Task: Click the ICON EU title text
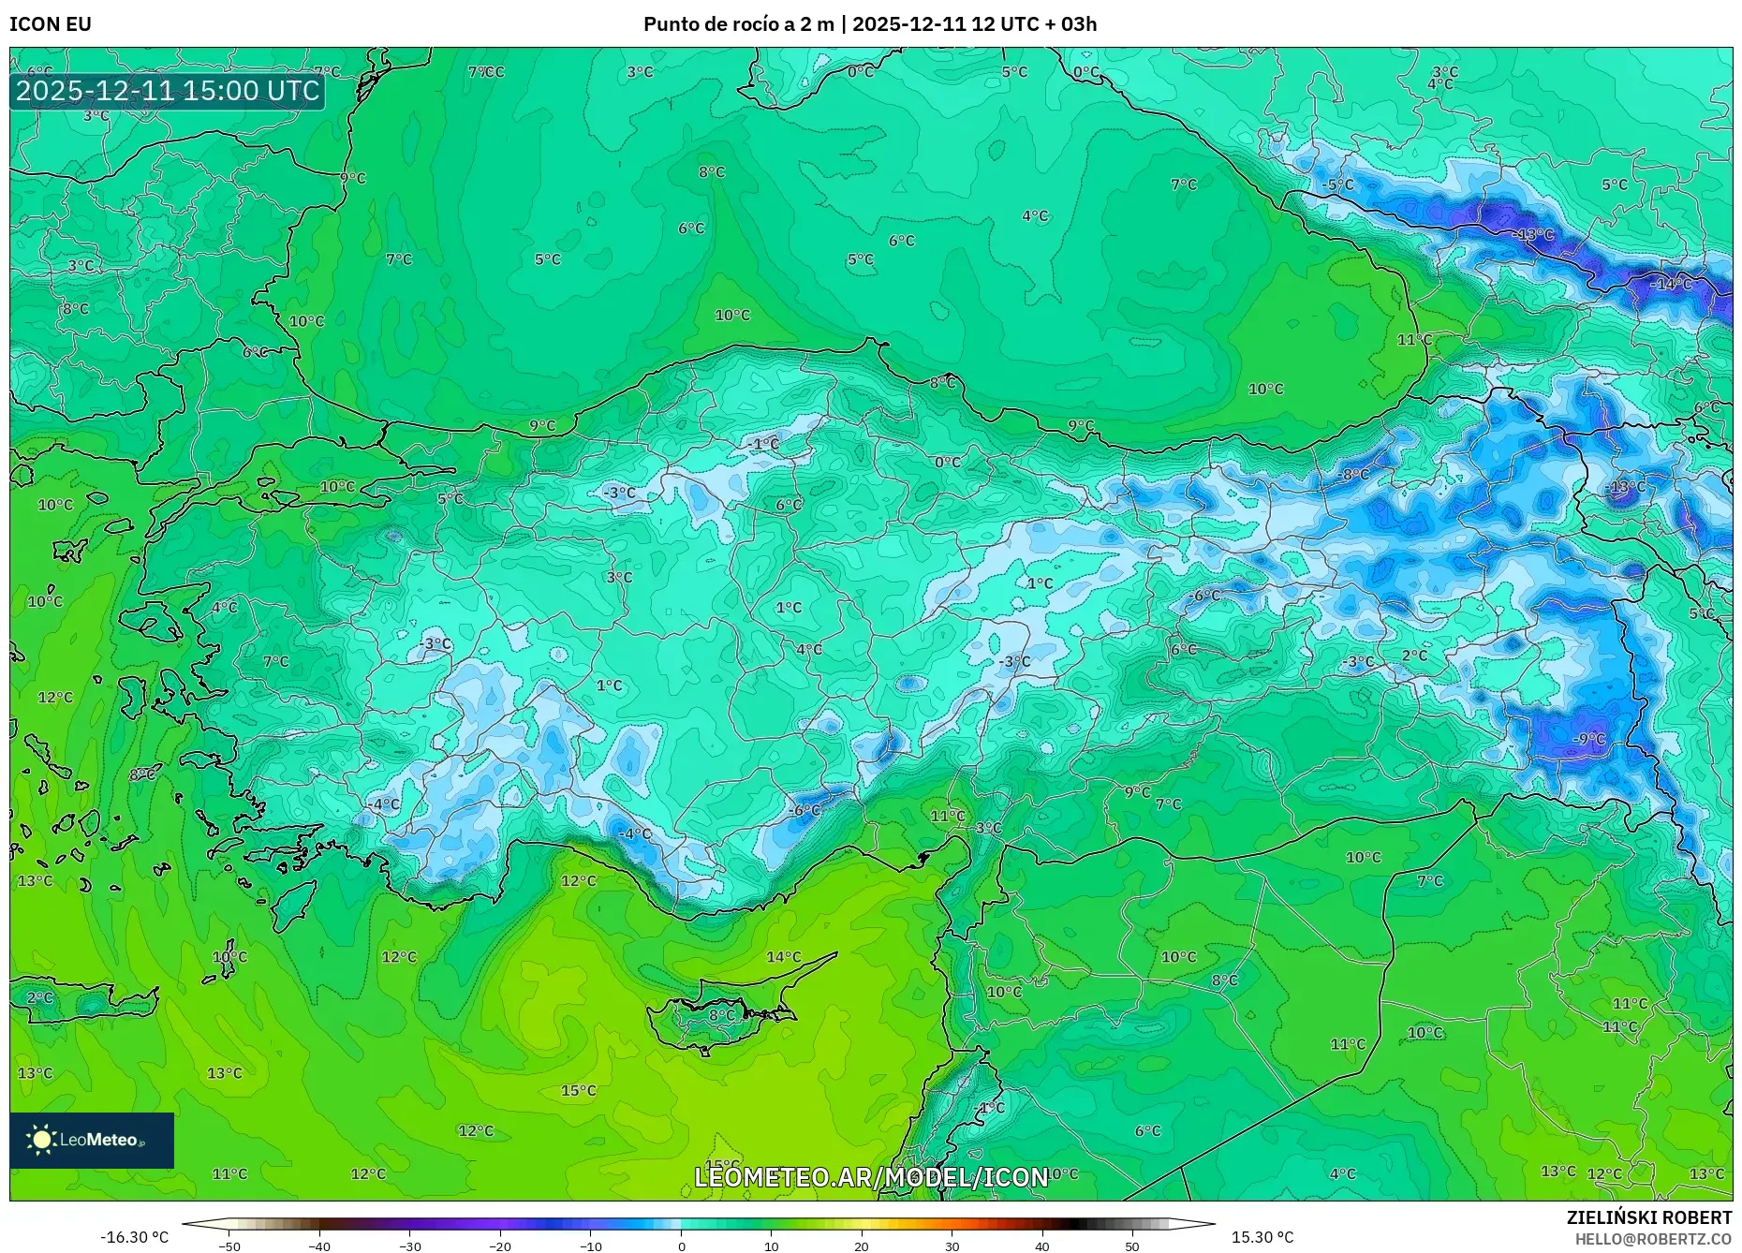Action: (51, 24)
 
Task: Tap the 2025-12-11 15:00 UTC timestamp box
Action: (168, 91)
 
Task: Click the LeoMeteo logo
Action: (91, 1140)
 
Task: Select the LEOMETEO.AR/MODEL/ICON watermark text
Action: (871, 1177)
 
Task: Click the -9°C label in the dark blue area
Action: (1589, 739)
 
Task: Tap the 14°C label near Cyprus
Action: (784, 956)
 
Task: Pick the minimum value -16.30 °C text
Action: (134, 1237)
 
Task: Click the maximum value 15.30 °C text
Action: (1262, 1237)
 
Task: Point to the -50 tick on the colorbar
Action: (229, 1246)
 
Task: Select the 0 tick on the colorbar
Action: (681, 1246)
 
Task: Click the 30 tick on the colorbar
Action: (952, 1246)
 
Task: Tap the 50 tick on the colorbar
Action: (1132, 1246)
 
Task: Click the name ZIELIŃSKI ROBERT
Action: (1648, 1217)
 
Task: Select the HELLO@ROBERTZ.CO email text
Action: (1652, 1239)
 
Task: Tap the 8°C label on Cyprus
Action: (722, 1014)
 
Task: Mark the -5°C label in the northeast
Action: (1338, 184)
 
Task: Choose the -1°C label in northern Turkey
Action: (765, 443)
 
